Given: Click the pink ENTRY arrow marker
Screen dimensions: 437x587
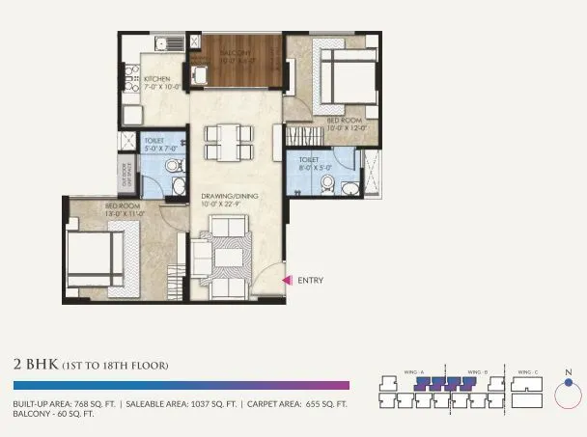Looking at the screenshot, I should [287, 281].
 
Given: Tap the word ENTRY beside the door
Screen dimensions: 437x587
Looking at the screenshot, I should [311, 281].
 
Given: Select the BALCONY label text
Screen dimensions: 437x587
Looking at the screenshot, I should [236, 52].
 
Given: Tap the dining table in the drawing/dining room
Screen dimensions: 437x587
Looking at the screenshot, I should [224, 143].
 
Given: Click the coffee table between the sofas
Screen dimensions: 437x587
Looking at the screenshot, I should [230, 258].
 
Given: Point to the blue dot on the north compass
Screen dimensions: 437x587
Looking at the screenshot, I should [570, 382].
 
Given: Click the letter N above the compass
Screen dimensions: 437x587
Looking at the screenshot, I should [570, 371].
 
